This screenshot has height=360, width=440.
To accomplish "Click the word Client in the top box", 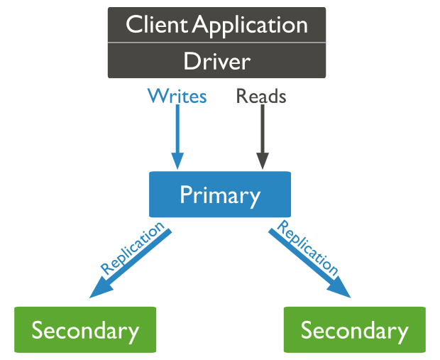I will (x=158, y=25).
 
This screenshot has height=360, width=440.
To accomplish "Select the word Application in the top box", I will (x=251, y=26).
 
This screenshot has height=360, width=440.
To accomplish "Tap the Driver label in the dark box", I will (x=216, y=61).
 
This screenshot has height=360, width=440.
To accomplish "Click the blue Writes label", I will (x=177, y=96).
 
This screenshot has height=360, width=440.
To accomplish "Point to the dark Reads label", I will (x=261, y=96).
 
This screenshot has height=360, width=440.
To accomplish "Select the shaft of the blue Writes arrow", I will (x=177, y=131).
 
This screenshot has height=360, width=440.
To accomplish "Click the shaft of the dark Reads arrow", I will (x=262, y=131).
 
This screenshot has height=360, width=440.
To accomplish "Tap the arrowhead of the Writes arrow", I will (x=177, y=162).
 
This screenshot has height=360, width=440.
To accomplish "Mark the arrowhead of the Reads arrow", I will (x=262, y=162).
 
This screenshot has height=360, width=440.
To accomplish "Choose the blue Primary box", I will (x=219, y=195).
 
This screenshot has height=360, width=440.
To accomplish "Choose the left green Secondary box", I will (x=85, y=330).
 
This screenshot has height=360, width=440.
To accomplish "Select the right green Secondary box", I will (x=354, y=330).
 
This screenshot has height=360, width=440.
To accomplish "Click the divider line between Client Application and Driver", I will (x=216, y=43).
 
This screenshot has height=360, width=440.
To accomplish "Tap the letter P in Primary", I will (x=186, y=195).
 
